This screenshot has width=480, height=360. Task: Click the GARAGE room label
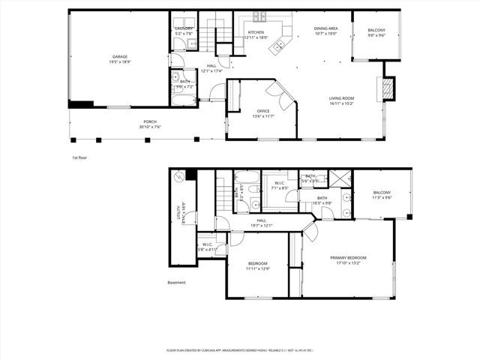click(120, 56)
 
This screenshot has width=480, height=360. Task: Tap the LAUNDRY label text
click(184, 28)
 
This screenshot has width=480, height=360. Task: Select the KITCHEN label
click(256, 33)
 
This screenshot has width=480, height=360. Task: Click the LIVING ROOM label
click(342, 98)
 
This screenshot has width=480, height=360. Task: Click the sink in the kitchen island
click(279, 46)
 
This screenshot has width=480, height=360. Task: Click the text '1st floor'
click(80, 158)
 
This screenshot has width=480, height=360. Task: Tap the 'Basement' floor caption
click(176, 283)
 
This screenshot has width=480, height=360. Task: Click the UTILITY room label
click(181, 213)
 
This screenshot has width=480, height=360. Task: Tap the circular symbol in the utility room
click(178, 178)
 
